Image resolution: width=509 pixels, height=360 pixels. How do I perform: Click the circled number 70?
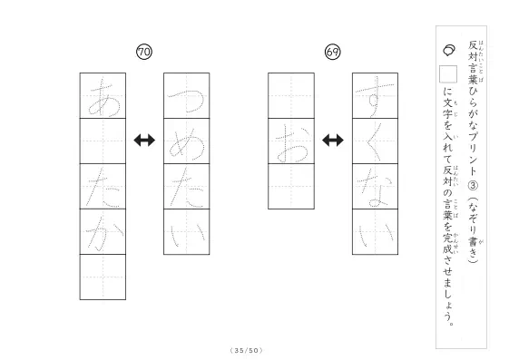coord(144,52)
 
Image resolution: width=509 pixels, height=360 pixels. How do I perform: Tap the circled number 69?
coord(333,52)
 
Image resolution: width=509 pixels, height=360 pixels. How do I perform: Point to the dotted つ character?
coord(186,102)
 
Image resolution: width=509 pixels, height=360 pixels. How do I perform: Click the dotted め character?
coord(187,143)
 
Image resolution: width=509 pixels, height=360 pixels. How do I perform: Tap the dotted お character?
coord(292,144)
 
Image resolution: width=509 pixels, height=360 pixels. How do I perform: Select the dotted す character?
coord(375,96)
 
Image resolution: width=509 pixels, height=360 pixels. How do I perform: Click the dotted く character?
coord(374,141)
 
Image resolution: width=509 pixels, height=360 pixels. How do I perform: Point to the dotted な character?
coord(375,189)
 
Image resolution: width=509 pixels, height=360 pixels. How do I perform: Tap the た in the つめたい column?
coord(188,188)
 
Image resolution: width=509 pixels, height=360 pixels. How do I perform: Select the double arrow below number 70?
coord(144,141)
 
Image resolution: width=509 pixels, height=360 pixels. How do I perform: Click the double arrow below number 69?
coord(333,141)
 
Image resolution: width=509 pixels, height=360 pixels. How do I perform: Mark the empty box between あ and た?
coord(103,141)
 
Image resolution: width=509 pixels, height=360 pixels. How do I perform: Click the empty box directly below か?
coord(103,277)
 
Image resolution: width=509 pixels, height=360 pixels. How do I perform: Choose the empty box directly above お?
coord(291,96)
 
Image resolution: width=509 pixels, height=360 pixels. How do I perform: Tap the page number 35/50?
coord(246,350)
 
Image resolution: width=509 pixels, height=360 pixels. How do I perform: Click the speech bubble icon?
coord(449,50)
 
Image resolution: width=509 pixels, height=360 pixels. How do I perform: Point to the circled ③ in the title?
coord(473,186)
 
